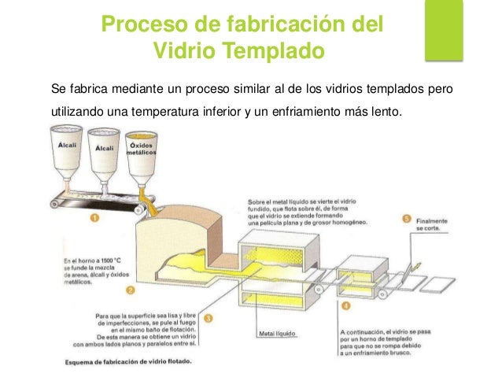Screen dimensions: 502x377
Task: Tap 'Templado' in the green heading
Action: [272, 52]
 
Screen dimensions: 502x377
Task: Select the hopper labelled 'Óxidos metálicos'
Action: [139, 157]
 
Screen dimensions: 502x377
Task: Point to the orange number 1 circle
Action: [93, 220]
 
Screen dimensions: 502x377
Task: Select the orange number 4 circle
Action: [346, 305]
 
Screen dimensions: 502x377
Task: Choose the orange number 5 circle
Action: [406, 218]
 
